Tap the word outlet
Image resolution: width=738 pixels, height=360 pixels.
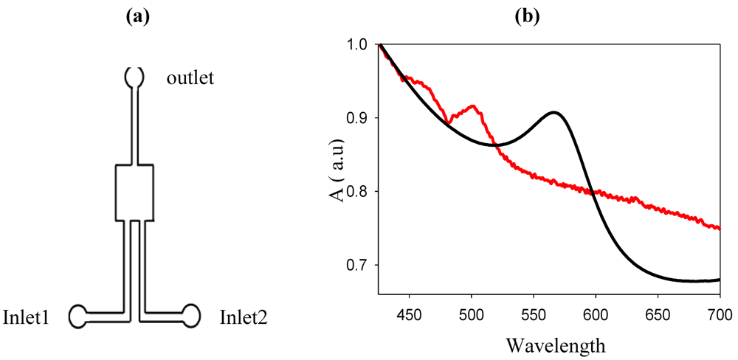190,77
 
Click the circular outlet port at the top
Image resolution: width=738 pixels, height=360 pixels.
134,76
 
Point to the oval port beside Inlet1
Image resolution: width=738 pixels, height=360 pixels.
79,316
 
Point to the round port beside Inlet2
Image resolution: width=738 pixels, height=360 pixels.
191,315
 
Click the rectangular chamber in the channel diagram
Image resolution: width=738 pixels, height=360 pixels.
134,193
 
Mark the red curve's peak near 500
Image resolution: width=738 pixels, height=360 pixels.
472,106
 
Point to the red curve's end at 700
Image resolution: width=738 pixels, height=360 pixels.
719,229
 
